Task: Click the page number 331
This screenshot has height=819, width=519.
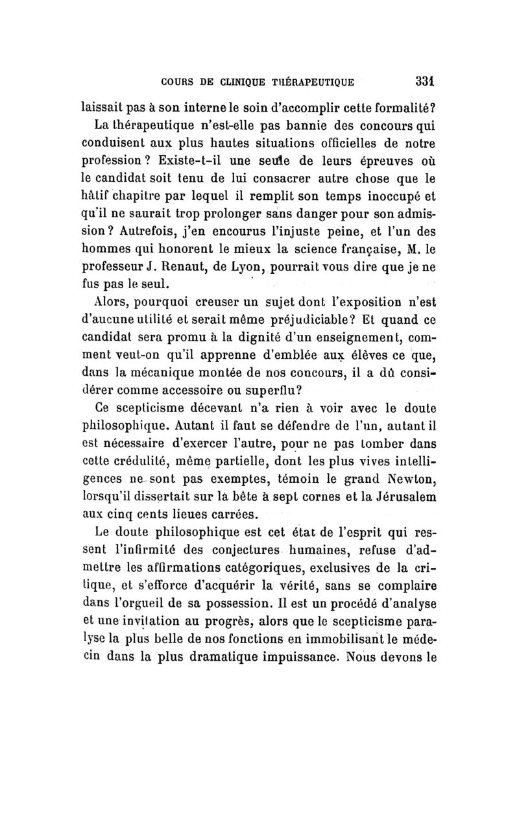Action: pos(424,82)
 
